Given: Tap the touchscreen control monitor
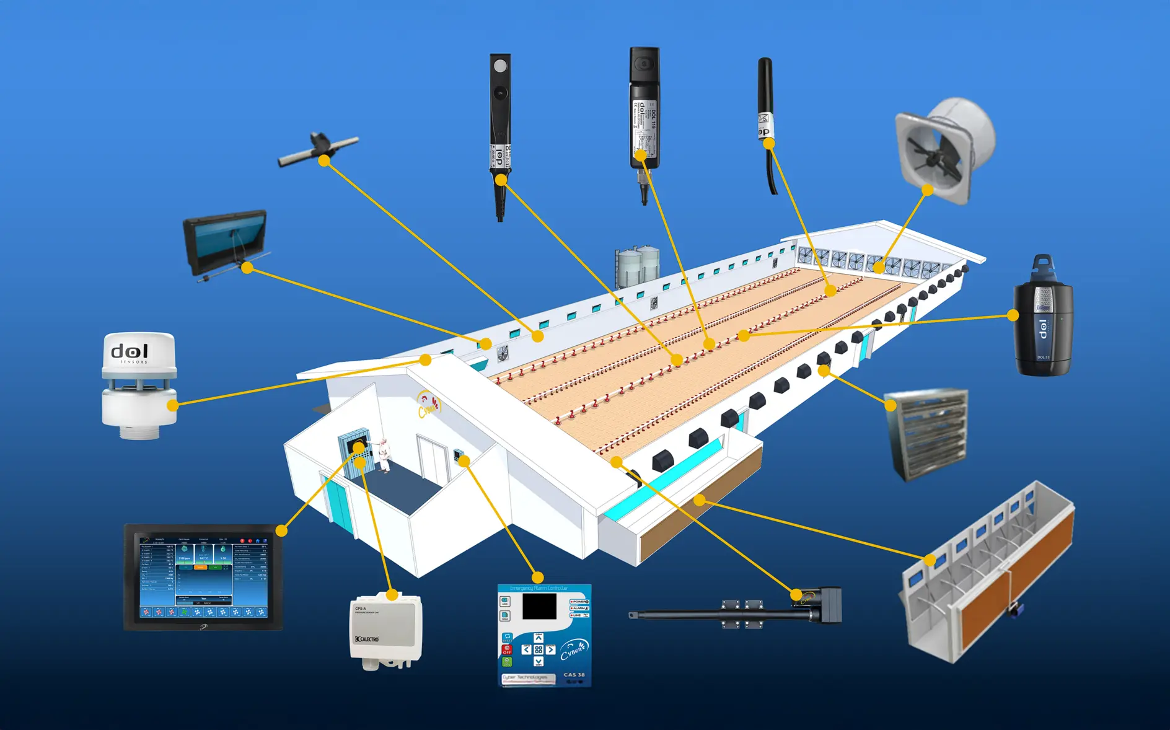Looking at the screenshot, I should [203, 577].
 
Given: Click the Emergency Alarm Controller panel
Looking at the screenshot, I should [544, 635].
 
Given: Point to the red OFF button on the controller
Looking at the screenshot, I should [506, 649].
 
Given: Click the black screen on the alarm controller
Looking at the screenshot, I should [539, 606].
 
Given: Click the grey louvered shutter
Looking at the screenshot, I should [926, 434].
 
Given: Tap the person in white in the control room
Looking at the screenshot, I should [384, 455].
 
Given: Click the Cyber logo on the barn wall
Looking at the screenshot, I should [429, 404].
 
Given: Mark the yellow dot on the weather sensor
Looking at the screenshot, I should [173, 405].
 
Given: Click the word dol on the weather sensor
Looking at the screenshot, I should [130, 351].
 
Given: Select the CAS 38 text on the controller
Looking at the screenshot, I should [574, 674].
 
